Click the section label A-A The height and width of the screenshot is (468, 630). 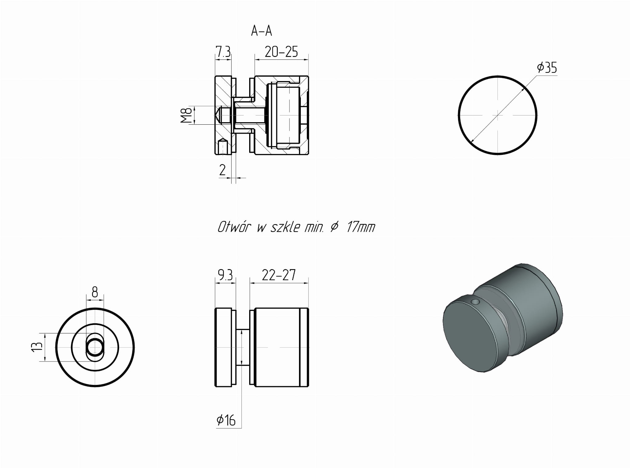[261, 31]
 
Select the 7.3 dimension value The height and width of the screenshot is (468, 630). [223, 52]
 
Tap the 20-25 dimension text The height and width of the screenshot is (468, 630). [281, 52]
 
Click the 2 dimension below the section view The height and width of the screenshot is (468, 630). [222, 170]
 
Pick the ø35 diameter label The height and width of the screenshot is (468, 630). [547, 67]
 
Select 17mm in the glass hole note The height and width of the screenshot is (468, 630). [361, 228]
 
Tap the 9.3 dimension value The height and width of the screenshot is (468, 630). [225, 275]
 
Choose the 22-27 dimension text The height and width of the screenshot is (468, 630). [279, 275]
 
